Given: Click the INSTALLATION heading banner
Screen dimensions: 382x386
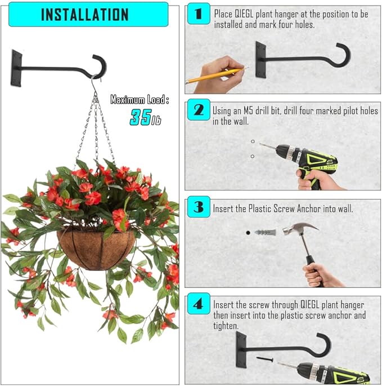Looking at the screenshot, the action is pos(88,14).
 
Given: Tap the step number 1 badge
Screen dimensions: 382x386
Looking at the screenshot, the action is pos(199,14).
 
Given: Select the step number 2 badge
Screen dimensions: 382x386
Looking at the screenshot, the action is pos(199,109).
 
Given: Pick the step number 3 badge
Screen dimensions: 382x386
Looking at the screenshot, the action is pos(199,207).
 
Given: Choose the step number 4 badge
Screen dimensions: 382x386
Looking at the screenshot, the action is pos(199,304).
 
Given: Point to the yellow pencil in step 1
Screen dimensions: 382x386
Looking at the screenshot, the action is pos(217,75).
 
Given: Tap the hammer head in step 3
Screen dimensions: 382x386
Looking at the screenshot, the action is pos(300,228).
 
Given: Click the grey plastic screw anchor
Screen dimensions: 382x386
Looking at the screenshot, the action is pos(265,232).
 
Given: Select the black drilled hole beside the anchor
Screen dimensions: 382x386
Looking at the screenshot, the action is pos(248,233).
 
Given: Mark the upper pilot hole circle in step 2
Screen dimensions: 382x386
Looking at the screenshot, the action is pos(253,141).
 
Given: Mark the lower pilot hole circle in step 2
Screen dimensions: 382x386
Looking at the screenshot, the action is pos(253,156).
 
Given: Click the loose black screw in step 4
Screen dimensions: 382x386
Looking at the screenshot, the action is pos(265,359).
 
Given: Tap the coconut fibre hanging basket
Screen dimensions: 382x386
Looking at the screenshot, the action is pos(96,250).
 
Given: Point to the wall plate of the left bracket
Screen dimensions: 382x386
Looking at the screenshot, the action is pos(16,68).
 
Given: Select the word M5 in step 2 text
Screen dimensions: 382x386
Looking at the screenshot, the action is pos(248,111).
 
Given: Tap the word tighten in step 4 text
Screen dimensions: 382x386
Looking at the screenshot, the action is pos(226,326).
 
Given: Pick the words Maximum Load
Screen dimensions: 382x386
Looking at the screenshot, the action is pos(140,100).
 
